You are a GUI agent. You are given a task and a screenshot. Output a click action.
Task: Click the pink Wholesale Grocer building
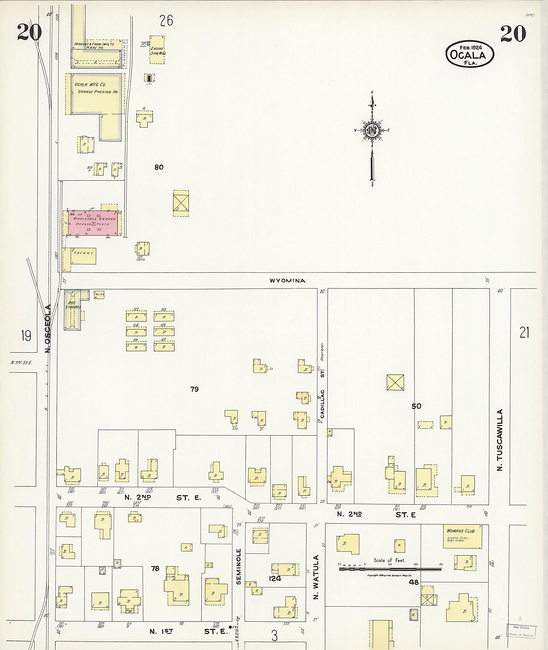click(93, 223)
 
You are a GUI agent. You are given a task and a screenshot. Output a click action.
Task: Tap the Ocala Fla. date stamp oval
click(469, 54)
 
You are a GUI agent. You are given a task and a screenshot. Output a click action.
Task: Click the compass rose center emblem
click(372, 130)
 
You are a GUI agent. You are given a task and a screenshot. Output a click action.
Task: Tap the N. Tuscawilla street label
click(500, 440)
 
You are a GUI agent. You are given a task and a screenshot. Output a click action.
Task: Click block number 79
click(194, 389)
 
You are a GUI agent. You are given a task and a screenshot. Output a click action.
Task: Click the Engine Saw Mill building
click(157, 50)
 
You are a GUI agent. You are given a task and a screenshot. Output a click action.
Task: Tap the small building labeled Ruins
click(99, 295)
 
